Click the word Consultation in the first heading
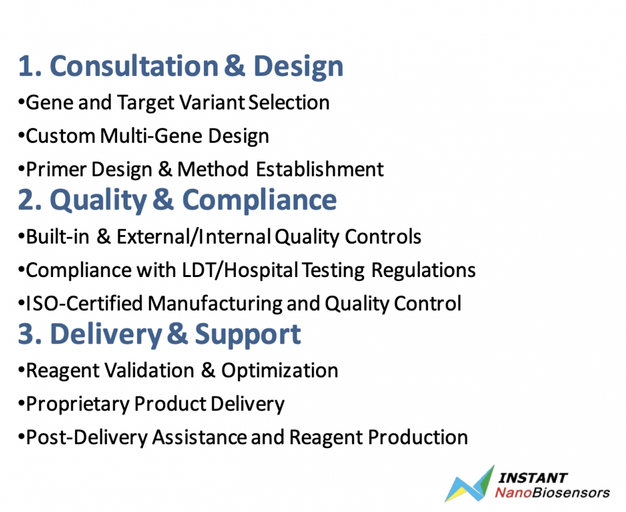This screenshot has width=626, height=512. (x=134, y=66)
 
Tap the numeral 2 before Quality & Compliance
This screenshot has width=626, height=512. (x=26, y=200)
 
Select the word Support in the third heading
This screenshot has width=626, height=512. (x=247, y=335)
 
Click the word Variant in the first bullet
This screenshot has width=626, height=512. (x=212, y=102)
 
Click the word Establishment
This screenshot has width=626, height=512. (x=319, y=169)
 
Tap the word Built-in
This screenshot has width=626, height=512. (x=58, y=237)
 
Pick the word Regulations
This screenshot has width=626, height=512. (x=423, y=271)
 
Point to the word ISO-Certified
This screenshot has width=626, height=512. (x=85, y=303)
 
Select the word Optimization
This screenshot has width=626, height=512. (x=279, y=371)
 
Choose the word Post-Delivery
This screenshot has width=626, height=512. (x=86, y=437)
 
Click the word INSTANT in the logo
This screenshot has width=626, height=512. (x=533, y=478)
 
